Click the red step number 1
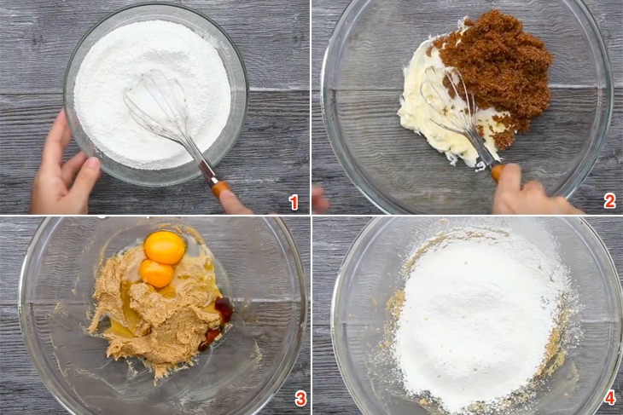click(294, 202)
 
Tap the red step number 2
click(609, 202)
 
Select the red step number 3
click(300, 399)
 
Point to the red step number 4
click(609, 399)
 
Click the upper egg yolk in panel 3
click(164, 247)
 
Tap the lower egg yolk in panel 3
click(156, 273)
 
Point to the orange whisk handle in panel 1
click(220, 187)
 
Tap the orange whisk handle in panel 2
click(497, 172)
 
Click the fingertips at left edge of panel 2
click(319, 199)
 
